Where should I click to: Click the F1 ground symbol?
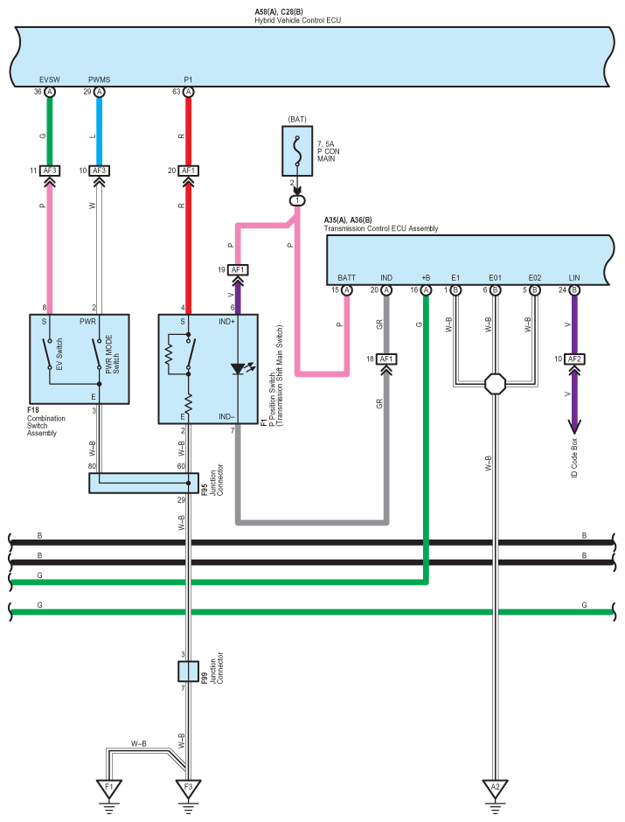point(109,787)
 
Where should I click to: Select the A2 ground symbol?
point(495,787)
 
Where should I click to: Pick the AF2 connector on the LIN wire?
point(574,359)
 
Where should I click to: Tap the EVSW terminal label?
point(50,79)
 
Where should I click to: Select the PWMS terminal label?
point(99,79)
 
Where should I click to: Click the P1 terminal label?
point(188,79)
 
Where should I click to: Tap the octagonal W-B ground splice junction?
point(495,383)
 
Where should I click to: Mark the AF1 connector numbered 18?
point(386,359)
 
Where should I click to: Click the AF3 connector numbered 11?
point(50,171)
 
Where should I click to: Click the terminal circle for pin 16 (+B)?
point(426,289)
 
